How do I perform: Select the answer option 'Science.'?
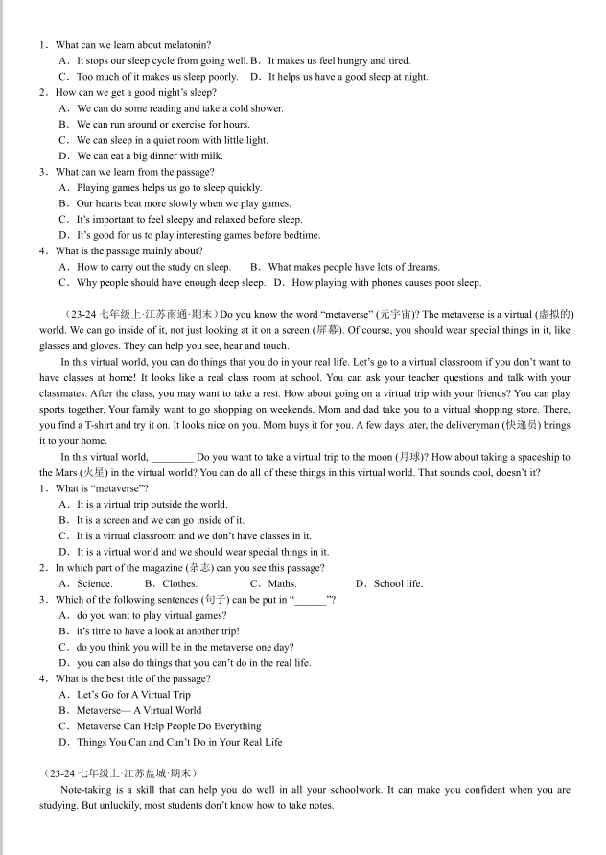(94, 583)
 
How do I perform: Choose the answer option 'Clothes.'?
(179, 583)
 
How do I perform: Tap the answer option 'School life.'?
(397, 583)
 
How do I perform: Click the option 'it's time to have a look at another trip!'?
(157, 631)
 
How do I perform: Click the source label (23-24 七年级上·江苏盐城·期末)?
(120, 773)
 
